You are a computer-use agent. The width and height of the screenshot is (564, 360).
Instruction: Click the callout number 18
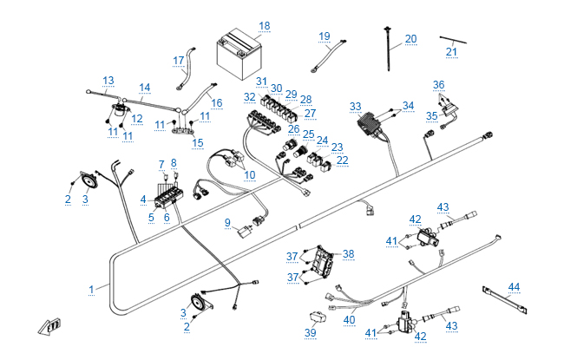tap(264, 26)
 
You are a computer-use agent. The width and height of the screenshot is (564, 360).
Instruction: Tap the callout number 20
tap(410, 38)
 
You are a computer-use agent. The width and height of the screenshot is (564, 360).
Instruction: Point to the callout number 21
tap(451, 52)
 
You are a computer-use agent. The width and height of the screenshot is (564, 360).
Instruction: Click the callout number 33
tap(356, 107)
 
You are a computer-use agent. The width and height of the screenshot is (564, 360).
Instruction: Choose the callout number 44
tap(515, 287)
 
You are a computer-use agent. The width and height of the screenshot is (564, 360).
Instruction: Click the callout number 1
tap(92, 287)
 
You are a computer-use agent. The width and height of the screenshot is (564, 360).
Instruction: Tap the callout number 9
tap(227, 223)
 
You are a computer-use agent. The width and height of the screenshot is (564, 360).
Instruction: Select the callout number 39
tap(311, 333)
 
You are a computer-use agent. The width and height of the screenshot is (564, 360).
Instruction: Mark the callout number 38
tap(348, 254)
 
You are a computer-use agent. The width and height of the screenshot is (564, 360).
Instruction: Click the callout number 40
tap(349, 320)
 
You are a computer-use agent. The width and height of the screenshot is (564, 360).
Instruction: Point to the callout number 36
tap(439, 85)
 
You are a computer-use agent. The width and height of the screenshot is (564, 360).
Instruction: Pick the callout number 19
tap(325, 36)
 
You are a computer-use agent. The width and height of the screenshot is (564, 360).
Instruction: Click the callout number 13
tap(108, 81)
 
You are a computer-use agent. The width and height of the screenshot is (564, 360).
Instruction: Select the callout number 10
tap(250, 175)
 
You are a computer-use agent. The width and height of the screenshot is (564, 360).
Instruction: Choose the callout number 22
tap(342, 160)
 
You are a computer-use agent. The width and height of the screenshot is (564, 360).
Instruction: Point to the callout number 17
tap(179, 61)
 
